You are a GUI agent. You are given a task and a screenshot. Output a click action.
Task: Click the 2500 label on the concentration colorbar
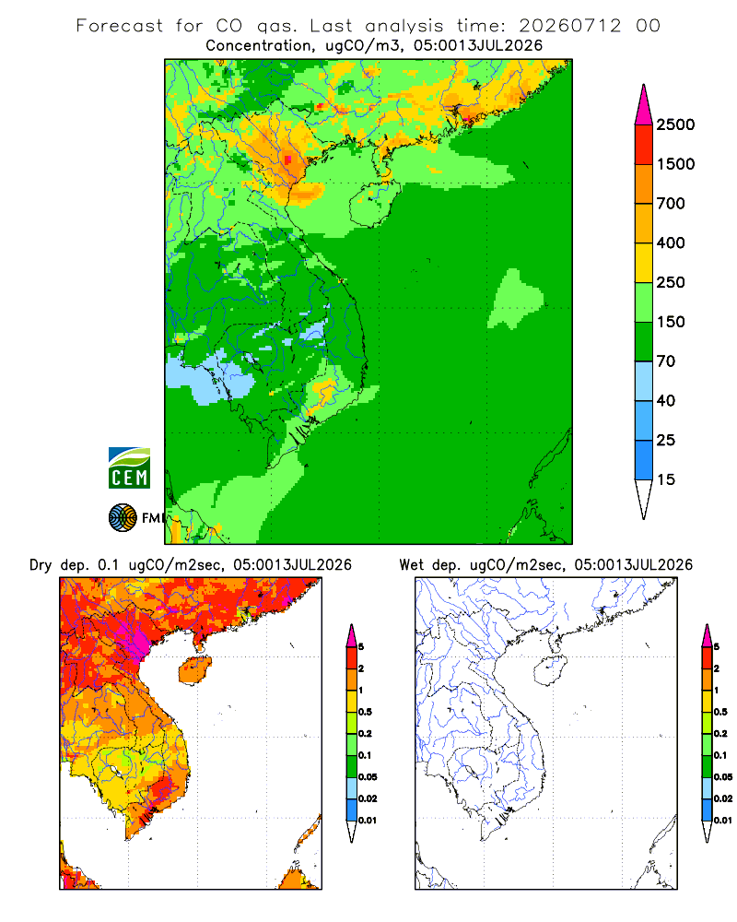point(675,124)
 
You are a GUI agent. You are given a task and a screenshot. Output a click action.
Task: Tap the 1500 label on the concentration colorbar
point(675,164)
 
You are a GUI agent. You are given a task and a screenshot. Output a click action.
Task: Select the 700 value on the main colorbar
point(671,204)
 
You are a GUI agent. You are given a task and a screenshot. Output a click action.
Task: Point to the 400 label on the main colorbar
point(671,242)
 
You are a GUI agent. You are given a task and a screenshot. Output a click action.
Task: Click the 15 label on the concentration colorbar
point(666,479)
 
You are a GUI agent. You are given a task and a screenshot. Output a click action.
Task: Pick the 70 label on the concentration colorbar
point(666,361)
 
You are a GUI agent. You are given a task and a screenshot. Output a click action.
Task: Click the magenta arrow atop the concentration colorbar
point(644,105)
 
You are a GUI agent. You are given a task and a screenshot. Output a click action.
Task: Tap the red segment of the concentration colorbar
point(644,145)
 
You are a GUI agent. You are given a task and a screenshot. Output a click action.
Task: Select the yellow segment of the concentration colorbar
point(644,263)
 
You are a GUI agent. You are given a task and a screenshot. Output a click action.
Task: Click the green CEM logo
point(129,468)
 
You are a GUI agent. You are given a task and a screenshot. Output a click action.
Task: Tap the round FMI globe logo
point(123,518)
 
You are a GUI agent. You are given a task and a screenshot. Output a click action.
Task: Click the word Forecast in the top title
point(120,26)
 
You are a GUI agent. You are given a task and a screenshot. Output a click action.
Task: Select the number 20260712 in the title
point(569,26)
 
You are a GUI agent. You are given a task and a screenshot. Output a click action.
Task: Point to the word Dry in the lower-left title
point(41,565)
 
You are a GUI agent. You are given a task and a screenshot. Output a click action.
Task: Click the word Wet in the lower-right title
point(411,565)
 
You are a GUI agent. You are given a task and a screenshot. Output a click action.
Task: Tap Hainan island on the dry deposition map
point(195,670)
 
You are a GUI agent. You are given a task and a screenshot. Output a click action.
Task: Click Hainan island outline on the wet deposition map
point(550,670)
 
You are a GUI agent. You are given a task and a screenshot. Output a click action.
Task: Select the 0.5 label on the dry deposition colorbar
point(365,712)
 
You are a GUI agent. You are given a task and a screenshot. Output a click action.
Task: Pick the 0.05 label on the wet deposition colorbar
point(723,777)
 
